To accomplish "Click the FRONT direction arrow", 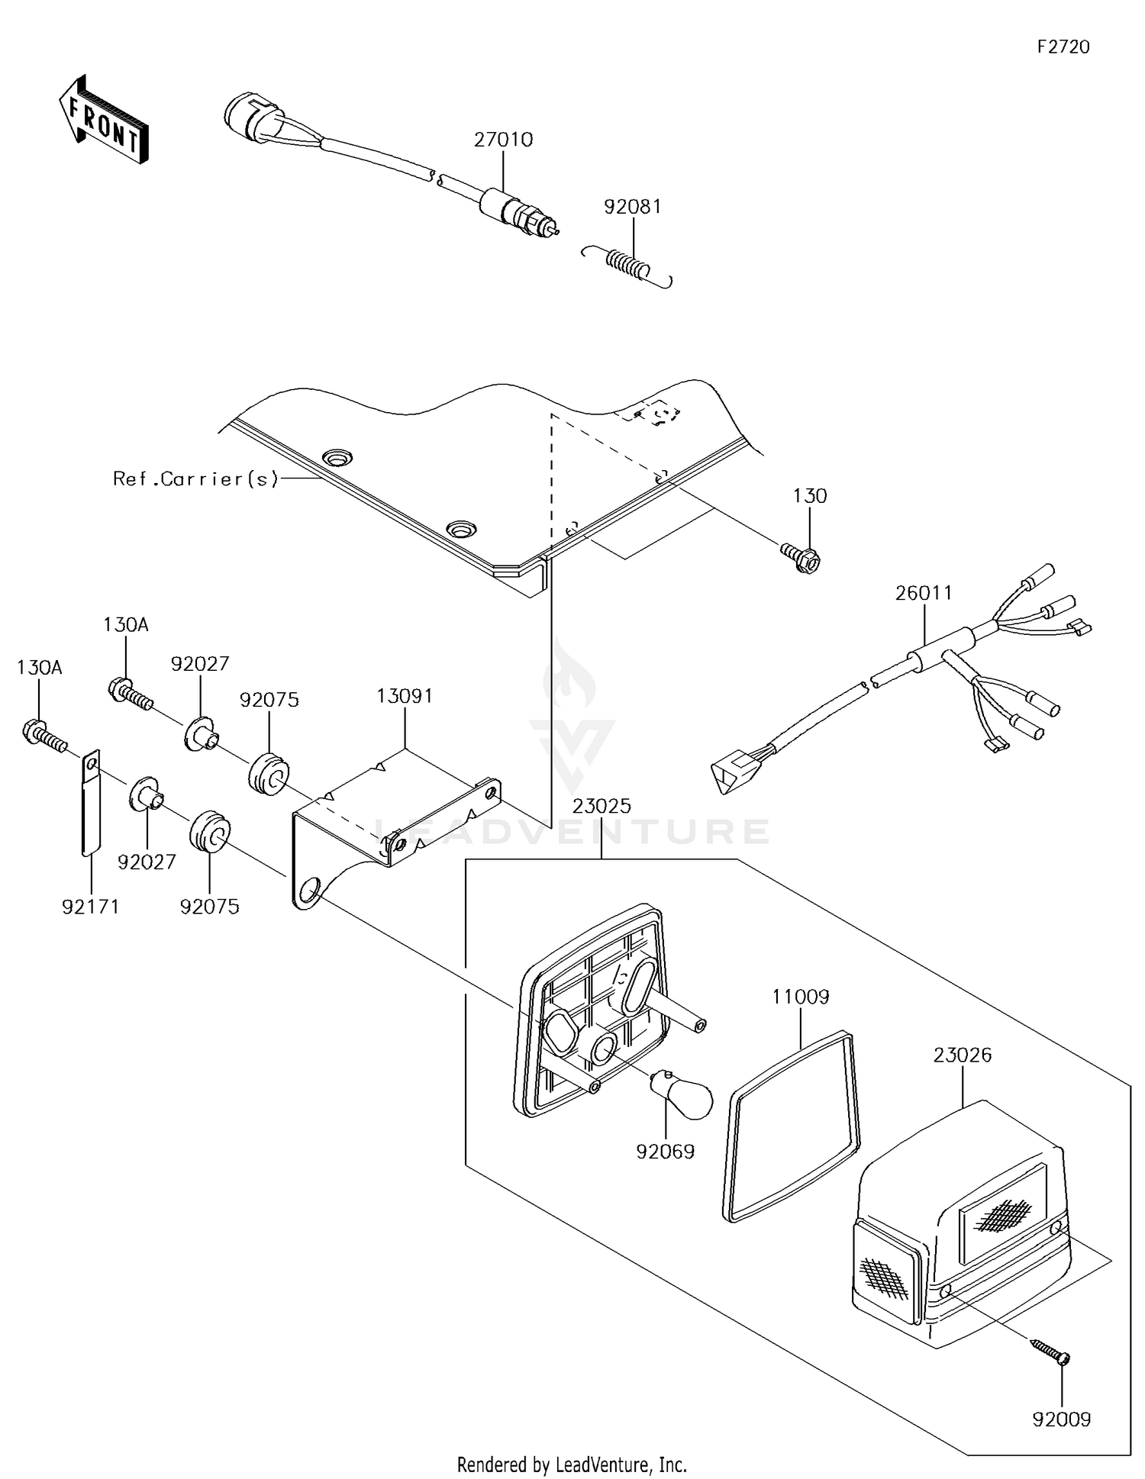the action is click(x=103, y=119).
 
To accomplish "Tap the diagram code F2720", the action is click(x=1063, y=47).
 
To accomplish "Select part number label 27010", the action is click(x=503, y=140).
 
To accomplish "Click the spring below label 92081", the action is click(x=627, y=266).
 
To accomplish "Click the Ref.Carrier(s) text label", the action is click(x=196, y=479).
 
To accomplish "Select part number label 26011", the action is click(x=924, y=593).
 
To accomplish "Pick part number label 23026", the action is click(x=963, y=1055).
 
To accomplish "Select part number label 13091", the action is click(x=405, y=696).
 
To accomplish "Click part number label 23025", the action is click(x=602, y=806).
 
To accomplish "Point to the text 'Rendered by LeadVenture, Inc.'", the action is click(x=572, y=1464).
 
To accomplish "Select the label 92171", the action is click(x=91, y=907).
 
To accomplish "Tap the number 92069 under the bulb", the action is click(x=666, y=1152).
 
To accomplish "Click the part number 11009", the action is click(x=801, y=997).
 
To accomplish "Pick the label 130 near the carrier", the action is click(x=810, y=496).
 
